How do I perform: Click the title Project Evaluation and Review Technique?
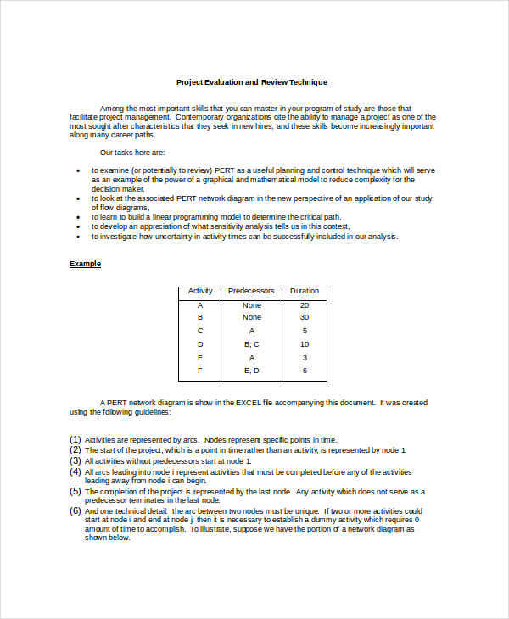tap(251, 82)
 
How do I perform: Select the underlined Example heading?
tap(85, 264)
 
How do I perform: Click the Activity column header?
tap(200, 291)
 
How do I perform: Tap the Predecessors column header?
tap(251, 291)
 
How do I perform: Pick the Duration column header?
tap(304, 291)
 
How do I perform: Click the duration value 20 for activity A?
tap(304, 304)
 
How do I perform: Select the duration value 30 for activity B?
tap(304, 317)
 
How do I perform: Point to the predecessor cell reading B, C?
tap(251, 344)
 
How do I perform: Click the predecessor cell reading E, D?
tap(251, 371)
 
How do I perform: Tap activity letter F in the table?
tap(200, 371)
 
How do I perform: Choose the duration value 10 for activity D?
tap(304, 344)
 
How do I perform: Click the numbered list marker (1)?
tap(76, 439)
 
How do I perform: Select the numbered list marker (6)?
tap(76, 511)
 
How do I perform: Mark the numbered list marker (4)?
tap(76, 471)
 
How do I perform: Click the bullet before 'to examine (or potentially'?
tap(77, 170)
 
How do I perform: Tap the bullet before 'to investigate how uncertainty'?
tap(77, 237)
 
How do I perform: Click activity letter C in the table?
tap(200, 331)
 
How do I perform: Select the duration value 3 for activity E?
tap(304, 358)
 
